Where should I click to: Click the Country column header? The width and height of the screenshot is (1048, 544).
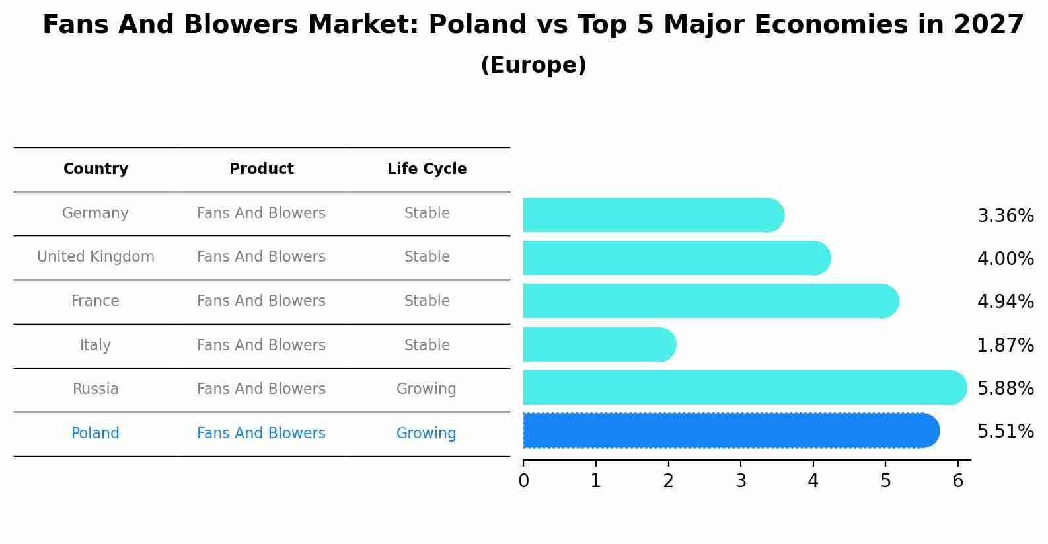click(x=96, y=169)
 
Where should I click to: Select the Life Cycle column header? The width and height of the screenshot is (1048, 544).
click(x=427, y=169)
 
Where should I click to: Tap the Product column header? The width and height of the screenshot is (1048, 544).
click(x=261, y=169)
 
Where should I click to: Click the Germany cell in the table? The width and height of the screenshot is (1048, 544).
click(x=95, y=214)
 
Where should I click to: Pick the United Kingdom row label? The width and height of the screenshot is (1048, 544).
click(x=96, y=257)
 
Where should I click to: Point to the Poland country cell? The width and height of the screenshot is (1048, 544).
click(x=95, y=434)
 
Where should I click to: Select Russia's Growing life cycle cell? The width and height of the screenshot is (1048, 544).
click(x=426, y=389)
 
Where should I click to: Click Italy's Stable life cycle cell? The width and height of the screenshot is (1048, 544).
click(x=427, y=346)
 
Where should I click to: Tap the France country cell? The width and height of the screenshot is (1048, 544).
click(x=95, y=301)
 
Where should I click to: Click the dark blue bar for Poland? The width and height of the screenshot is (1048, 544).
click(x=727, y=431)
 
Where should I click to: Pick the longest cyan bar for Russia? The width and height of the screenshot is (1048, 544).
click(x=740, y=387)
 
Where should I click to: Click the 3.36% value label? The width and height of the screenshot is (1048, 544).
click(x=1005, y=216)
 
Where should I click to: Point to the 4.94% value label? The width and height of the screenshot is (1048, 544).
click(x=1005, y=302)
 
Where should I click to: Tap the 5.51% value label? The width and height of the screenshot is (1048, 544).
click(x=1005, y=432)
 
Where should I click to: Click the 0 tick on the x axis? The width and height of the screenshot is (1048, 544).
click(x=523, y=481)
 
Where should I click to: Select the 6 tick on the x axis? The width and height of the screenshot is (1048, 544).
click(x=957, y=481)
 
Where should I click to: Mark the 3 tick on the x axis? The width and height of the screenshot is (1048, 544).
click(x=741, y=481)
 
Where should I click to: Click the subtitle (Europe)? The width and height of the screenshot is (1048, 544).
click(x=533, y=65)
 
